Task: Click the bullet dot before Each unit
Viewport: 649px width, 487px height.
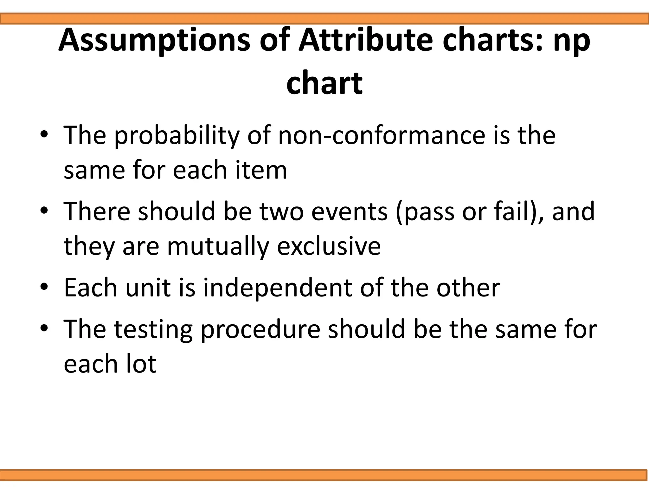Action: [x=44, y=287]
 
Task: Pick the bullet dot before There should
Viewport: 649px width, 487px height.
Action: [x=44, y=211]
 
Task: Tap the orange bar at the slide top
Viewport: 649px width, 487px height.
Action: [x=324, y=19]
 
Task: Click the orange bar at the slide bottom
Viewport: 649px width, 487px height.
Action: [x=324, y=475]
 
